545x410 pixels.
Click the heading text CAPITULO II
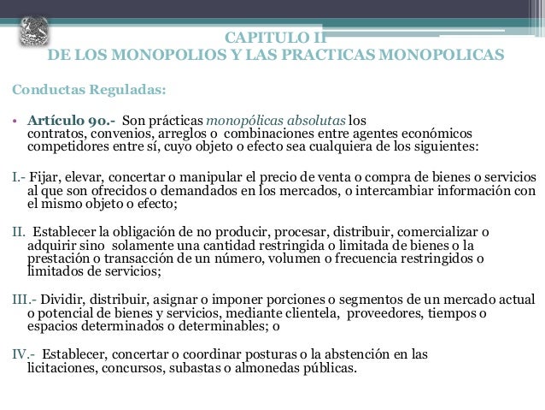(276, 38)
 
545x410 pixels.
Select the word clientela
(314, 314)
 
